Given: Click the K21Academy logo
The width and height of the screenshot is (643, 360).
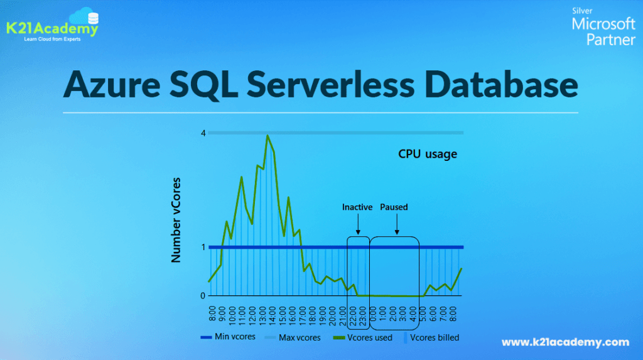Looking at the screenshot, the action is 53,25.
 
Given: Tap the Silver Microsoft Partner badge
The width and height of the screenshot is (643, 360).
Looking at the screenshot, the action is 603,26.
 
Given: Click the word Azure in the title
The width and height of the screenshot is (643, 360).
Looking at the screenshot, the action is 112,85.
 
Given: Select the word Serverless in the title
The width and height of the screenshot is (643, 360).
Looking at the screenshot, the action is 330,85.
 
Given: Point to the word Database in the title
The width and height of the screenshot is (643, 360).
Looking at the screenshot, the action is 501,85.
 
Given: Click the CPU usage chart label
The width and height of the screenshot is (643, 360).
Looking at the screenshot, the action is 427,154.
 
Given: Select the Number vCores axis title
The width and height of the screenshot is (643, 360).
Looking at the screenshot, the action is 176,220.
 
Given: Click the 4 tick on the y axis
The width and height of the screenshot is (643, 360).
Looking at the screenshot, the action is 203,133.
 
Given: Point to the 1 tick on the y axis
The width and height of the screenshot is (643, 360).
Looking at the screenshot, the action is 203,247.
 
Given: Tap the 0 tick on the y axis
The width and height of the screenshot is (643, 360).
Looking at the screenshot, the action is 203,295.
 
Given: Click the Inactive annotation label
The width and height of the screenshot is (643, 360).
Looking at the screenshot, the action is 357,207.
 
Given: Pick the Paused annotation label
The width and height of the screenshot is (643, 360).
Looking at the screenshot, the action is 394,207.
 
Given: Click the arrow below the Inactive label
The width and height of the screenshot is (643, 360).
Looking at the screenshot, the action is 358,224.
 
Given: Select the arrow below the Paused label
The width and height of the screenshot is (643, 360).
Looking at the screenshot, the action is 397,224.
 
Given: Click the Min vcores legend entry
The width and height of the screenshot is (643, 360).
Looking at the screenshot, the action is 228,337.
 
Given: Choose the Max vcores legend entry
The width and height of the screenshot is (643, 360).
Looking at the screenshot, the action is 293,338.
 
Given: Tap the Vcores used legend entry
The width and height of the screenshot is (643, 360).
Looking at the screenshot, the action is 362,338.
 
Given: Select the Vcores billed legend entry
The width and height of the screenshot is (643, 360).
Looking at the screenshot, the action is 432,338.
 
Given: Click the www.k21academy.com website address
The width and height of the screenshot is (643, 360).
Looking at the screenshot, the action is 565,342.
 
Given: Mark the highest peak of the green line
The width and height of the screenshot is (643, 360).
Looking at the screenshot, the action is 267,136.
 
